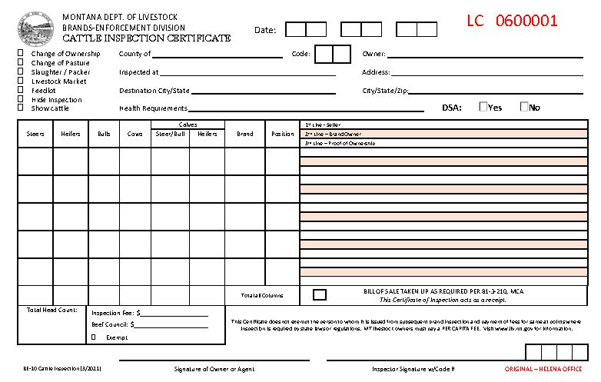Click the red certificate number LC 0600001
512,21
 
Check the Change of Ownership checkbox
21,53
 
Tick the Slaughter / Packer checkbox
21,71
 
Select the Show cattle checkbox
21,108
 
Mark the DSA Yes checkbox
483,107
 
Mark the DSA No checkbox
524,107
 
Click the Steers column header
35,134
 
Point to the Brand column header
245,134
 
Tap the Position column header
283,134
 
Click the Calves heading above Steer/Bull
188,125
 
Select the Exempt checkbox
94,337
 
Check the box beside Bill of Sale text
319,294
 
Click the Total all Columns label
262,295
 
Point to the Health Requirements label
153,108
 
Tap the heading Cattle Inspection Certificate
146,38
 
